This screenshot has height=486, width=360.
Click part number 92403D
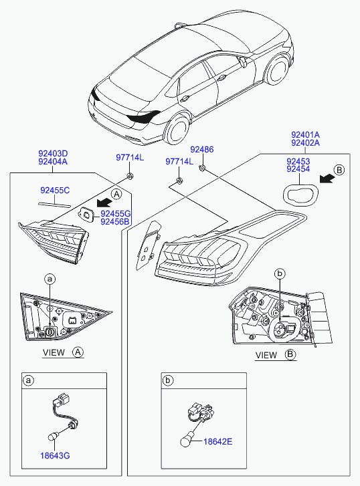tap(53, 154)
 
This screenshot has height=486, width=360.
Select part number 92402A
tap(305, 143)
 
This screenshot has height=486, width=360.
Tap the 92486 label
tap(201, 149)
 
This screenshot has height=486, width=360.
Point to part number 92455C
tap(55, 191)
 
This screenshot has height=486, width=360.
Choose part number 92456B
tap(115, 222)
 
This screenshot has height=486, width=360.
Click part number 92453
tap(298, 162)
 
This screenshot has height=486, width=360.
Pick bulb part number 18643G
tap(55, 456)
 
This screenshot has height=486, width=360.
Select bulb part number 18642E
tap(218, 441)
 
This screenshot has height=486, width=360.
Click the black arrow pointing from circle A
tap(104, 203)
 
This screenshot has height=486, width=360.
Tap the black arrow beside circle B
tap(327, 178)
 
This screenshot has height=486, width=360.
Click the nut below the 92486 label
tap(202, 168)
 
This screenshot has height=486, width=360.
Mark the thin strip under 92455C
tap(55, 205)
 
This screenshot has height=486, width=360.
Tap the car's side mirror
tap(243, 62)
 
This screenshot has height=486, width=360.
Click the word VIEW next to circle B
tap(266, 355)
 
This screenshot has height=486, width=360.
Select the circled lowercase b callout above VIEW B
tap(280, 273)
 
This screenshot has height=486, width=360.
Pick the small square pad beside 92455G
tap(86, 214)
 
